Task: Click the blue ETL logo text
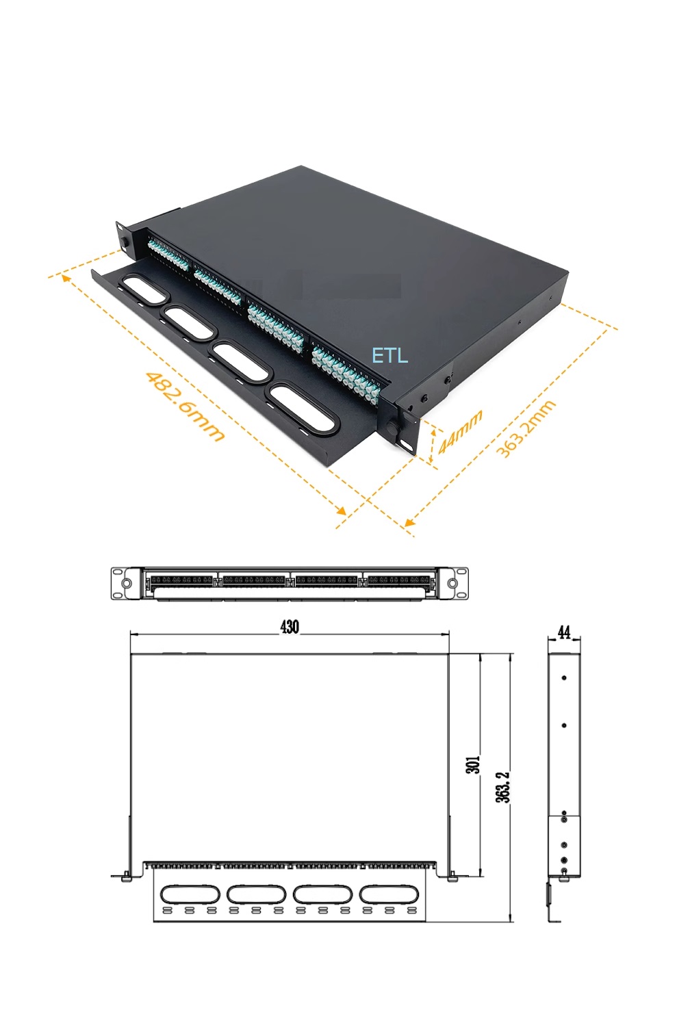point(389,355)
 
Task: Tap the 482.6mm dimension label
point(184,406)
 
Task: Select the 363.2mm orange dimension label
point(525,429)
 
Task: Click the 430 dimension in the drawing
point(290,627)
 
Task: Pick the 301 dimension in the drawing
point(473,764)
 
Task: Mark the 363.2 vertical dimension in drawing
point(503,787)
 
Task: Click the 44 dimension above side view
point(564,632)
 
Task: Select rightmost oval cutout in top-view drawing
point(388,894)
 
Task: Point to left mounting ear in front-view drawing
point(126,584)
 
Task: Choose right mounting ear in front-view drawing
point(452,584)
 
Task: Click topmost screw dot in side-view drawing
point(564,677)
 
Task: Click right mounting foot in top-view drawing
point(452,875)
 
